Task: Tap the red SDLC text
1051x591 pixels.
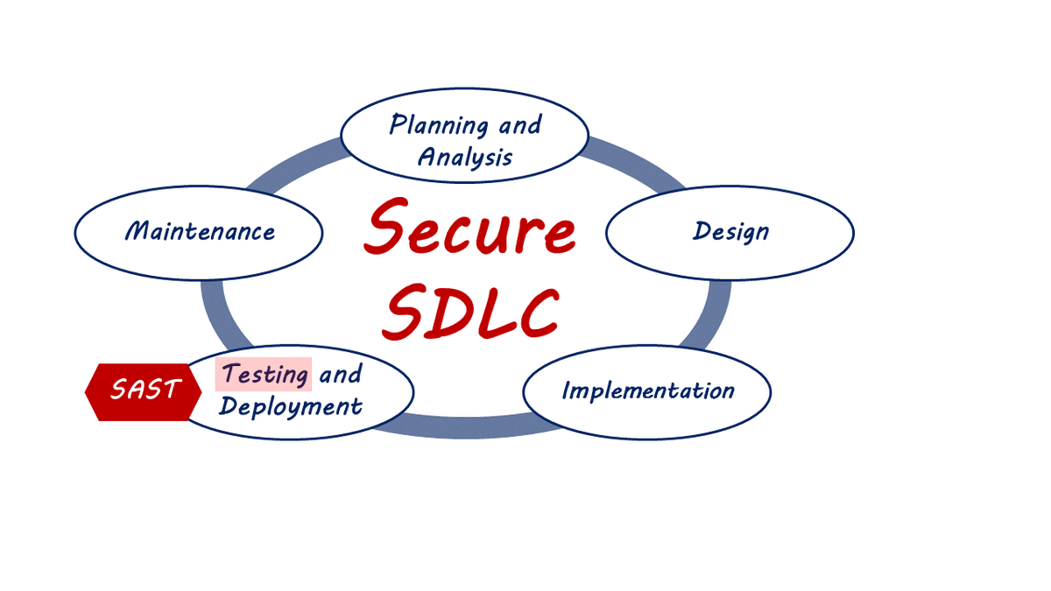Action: click(471, 312)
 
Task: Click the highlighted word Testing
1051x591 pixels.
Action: click(264, 375)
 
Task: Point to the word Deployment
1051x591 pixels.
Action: click(290, 406)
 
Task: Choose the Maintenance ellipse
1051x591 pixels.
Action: click(199, 231)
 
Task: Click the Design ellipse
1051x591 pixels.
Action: click(730, 231)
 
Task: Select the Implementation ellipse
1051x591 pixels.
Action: click(646, 390)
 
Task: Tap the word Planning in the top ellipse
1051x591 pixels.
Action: click(439, 124)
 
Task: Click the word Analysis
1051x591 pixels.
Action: click(464, 158)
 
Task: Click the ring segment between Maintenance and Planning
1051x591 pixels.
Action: click(293, 161)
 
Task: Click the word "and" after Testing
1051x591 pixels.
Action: click(340, 375)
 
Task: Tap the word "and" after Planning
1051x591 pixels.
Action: click(519, 125)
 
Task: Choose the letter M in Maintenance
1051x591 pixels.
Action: click(138, 231)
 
